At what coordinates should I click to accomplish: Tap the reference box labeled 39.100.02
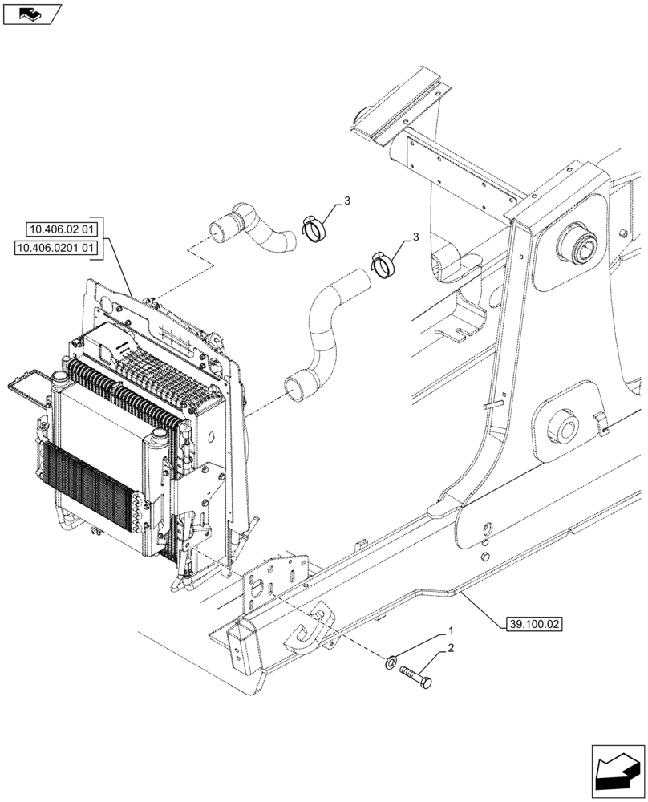pos(535,622)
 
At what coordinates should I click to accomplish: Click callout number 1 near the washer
pos(452,632)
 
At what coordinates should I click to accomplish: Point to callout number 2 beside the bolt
pos(452,648)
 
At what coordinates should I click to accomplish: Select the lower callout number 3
pos(415,237)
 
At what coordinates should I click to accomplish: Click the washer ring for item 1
pos(391,662)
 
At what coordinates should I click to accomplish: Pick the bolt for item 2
pos(415,674)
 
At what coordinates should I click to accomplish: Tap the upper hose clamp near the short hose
pos(316,227)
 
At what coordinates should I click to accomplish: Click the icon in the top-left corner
pos(31,14)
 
